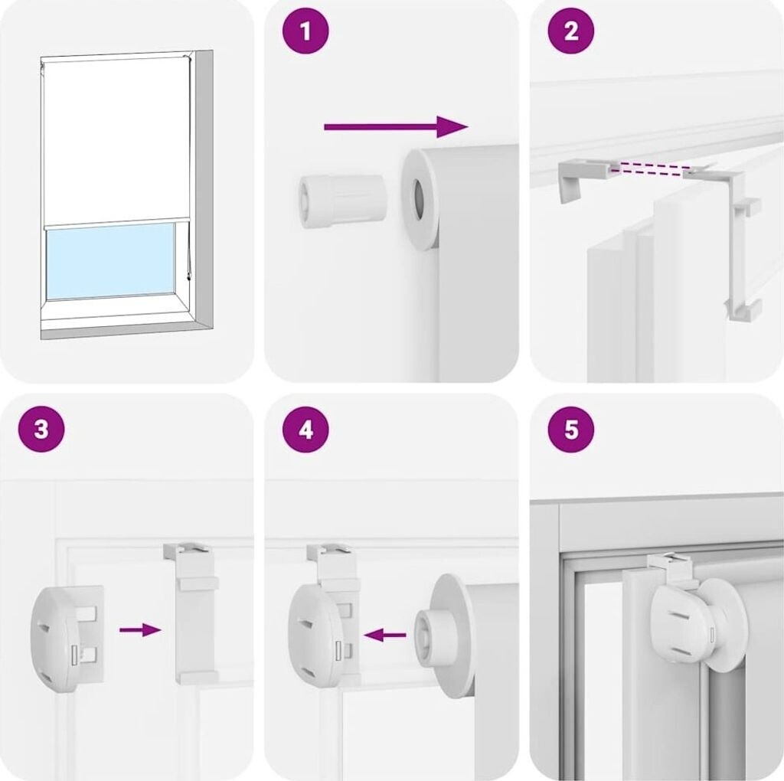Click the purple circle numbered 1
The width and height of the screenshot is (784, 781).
pos(305,31)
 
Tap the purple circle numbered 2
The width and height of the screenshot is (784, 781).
pos(571,31)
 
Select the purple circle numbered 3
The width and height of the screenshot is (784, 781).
pos(41,429)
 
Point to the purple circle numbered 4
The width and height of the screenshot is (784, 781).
pos(305,429)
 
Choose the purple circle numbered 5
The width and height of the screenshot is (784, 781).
pos(571,429)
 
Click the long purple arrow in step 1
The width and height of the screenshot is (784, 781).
pos(396,126)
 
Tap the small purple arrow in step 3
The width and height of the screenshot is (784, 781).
pos(140,630)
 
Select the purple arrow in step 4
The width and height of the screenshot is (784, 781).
pos(385,636)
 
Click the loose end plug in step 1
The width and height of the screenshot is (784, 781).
pos(342,201)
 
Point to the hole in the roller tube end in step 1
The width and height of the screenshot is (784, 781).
pos(419,198)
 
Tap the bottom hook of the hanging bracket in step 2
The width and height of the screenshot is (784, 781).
pos(743,310)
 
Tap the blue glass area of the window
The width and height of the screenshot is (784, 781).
pos(110,260)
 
